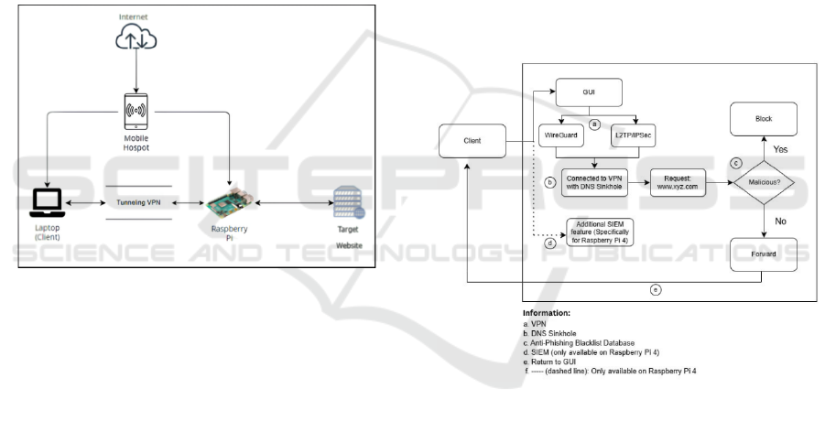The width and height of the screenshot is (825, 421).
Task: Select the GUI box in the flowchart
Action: [591, 92]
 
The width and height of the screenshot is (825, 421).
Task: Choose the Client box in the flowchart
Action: [473, 141]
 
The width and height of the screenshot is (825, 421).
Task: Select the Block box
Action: [764, 118]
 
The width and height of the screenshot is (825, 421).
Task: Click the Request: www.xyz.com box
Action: [678, 181]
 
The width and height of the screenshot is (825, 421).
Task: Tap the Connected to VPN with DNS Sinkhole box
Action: [591, 181]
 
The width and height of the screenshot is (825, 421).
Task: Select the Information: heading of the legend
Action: [547, 313]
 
